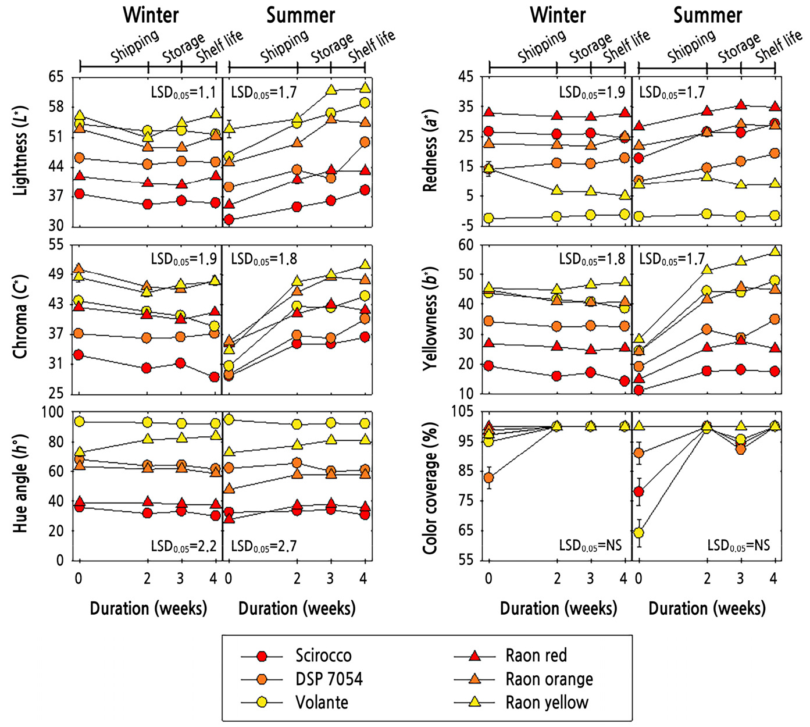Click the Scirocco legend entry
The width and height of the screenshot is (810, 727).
point(323,655)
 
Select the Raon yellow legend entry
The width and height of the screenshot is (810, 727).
point(547,702)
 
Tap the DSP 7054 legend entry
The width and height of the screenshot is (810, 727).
point(329,679)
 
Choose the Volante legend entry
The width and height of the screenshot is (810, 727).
point(322,702)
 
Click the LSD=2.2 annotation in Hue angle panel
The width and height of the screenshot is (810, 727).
point(183,546)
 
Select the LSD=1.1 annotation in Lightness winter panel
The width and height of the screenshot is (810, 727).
point(183,92)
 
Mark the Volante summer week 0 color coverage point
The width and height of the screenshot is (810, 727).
point(638,532)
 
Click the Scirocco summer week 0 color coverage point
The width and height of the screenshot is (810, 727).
point(638,491)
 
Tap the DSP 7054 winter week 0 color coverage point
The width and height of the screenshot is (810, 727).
point(488,477)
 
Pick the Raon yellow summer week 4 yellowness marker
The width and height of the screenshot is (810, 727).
point(775,251)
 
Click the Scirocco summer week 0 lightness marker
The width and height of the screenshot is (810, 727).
point(229,219)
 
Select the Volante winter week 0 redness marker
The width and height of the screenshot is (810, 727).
point(488,218)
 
